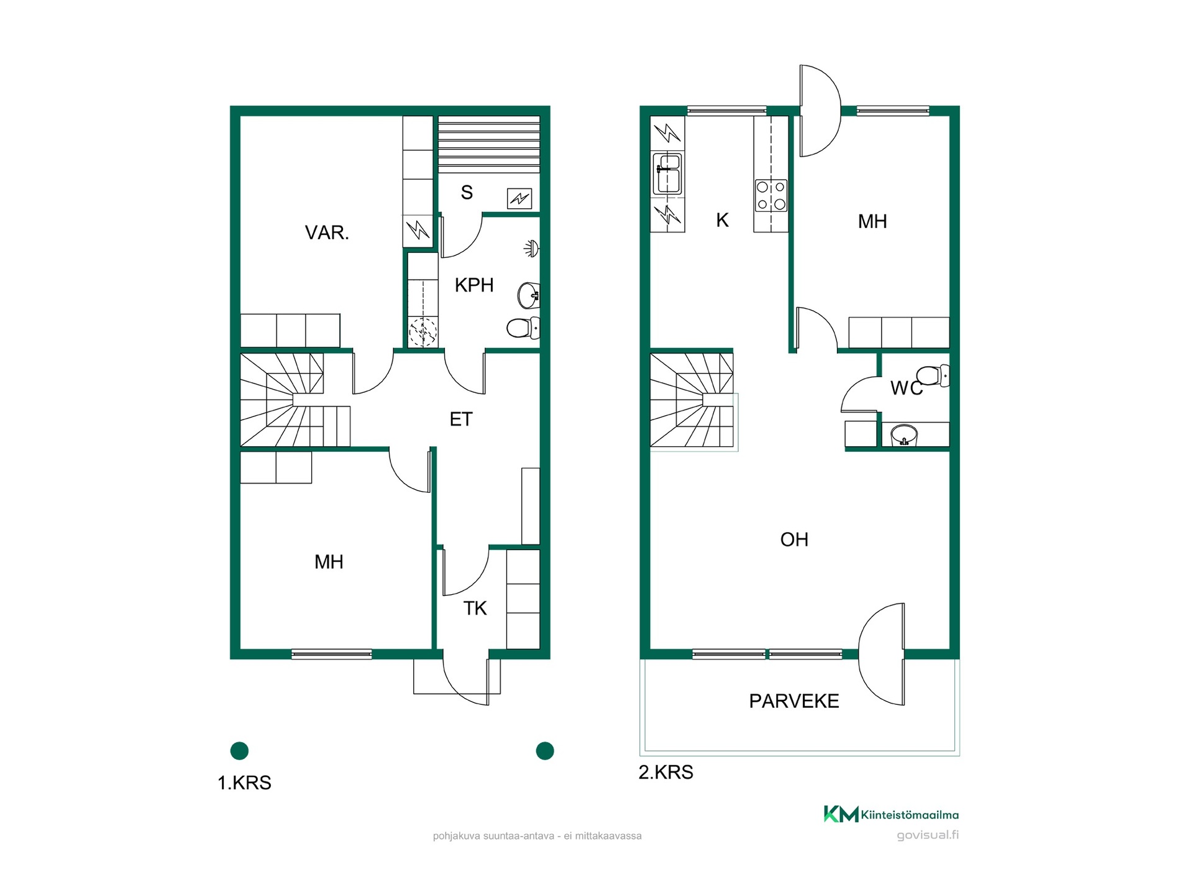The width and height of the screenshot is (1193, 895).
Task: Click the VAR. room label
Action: click(327, 232)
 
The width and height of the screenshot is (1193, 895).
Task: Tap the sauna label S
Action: click(467, 193)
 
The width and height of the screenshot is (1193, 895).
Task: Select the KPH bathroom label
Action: click(474, 285)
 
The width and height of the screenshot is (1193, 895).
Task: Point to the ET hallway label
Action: click(461, 420)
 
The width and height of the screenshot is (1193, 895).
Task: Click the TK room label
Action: click(475, 608)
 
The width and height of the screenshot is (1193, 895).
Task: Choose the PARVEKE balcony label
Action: click(794, 701)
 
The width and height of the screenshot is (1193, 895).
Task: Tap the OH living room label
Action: click(794, 539)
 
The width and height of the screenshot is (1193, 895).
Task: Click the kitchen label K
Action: click(722, 220)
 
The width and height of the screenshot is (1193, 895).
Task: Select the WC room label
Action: click(907, 388)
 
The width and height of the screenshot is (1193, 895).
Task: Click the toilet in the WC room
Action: click(933, 376)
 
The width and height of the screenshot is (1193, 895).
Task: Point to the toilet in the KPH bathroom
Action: click(523, 328)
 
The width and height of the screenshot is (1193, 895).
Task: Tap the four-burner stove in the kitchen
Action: click(771, 195)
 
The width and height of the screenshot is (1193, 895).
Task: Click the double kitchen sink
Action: click(667, 173)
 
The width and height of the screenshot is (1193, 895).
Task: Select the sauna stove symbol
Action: click(519, 199)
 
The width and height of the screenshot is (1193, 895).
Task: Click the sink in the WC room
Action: click(904, 435)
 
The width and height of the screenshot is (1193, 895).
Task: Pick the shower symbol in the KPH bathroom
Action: click(531, 249)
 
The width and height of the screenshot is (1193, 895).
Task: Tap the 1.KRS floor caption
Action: click(244, 783)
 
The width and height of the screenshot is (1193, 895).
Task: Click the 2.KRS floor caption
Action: click(666, 773)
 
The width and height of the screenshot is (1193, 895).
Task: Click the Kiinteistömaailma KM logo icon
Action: click(841, 814)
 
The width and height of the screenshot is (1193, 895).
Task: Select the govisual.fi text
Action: click(928, 835)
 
